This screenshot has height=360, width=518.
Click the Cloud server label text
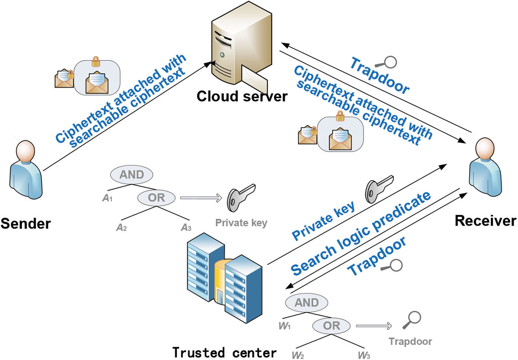click(242, 96)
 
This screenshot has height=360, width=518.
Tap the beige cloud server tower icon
click(240, 44)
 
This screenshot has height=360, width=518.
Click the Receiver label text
click(485, 221)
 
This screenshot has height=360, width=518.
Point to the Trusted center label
click(224, 352)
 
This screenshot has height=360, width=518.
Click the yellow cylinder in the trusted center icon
click(220, 280)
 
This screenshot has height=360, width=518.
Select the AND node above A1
click(132, 174)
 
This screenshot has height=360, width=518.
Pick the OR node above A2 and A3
click(156, 198)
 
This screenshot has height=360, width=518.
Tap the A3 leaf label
click(186, 228)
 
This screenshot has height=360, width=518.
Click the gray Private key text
click(241, 223)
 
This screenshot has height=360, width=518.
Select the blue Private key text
click(323, 221)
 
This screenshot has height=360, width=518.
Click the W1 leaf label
click(285, 326)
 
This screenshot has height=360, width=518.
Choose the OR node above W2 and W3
click(331, 326)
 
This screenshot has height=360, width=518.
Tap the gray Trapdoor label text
click(410, 342)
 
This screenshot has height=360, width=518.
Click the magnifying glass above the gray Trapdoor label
click(412, 319)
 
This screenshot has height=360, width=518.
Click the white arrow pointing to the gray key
click(201, 198)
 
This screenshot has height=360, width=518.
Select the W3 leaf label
click(364, 355)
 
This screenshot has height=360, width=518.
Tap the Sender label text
click(25, 224)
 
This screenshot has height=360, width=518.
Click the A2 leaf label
click(121, 228)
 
